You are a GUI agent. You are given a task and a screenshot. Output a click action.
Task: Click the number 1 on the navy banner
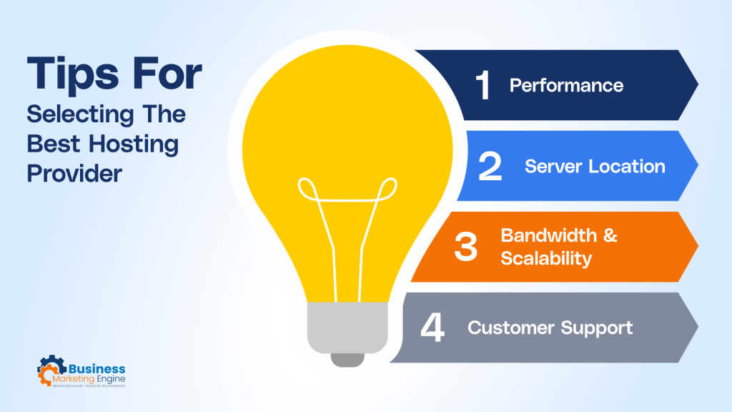tap(483, 86)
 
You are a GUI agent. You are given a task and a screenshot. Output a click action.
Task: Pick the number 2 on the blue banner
tap(490, 167)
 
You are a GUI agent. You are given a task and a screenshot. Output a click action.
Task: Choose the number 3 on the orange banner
tap(465, 247)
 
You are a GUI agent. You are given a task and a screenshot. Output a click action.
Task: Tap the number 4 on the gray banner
tap(433, 328)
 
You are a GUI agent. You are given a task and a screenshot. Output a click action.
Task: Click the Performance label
tap(566, 86)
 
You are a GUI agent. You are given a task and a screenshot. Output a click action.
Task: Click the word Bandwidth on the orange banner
tap(548, 236)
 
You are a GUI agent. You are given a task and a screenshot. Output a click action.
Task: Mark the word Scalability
tap(546, 258)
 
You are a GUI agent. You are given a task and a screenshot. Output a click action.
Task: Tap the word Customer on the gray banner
tap(509, 328)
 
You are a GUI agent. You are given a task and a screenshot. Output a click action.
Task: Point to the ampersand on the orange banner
tap(610, 236)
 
